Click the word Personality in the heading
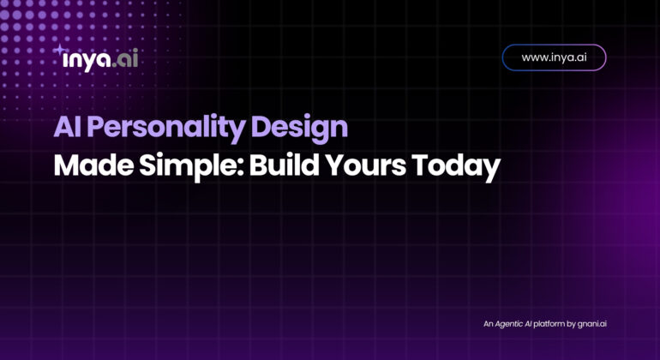166,128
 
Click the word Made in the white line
93,165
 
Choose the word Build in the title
284,165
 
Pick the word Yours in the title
366,165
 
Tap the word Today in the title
456,167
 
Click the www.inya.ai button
554,57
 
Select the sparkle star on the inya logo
60,50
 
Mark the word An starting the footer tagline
488,324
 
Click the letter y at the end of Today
492,171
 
